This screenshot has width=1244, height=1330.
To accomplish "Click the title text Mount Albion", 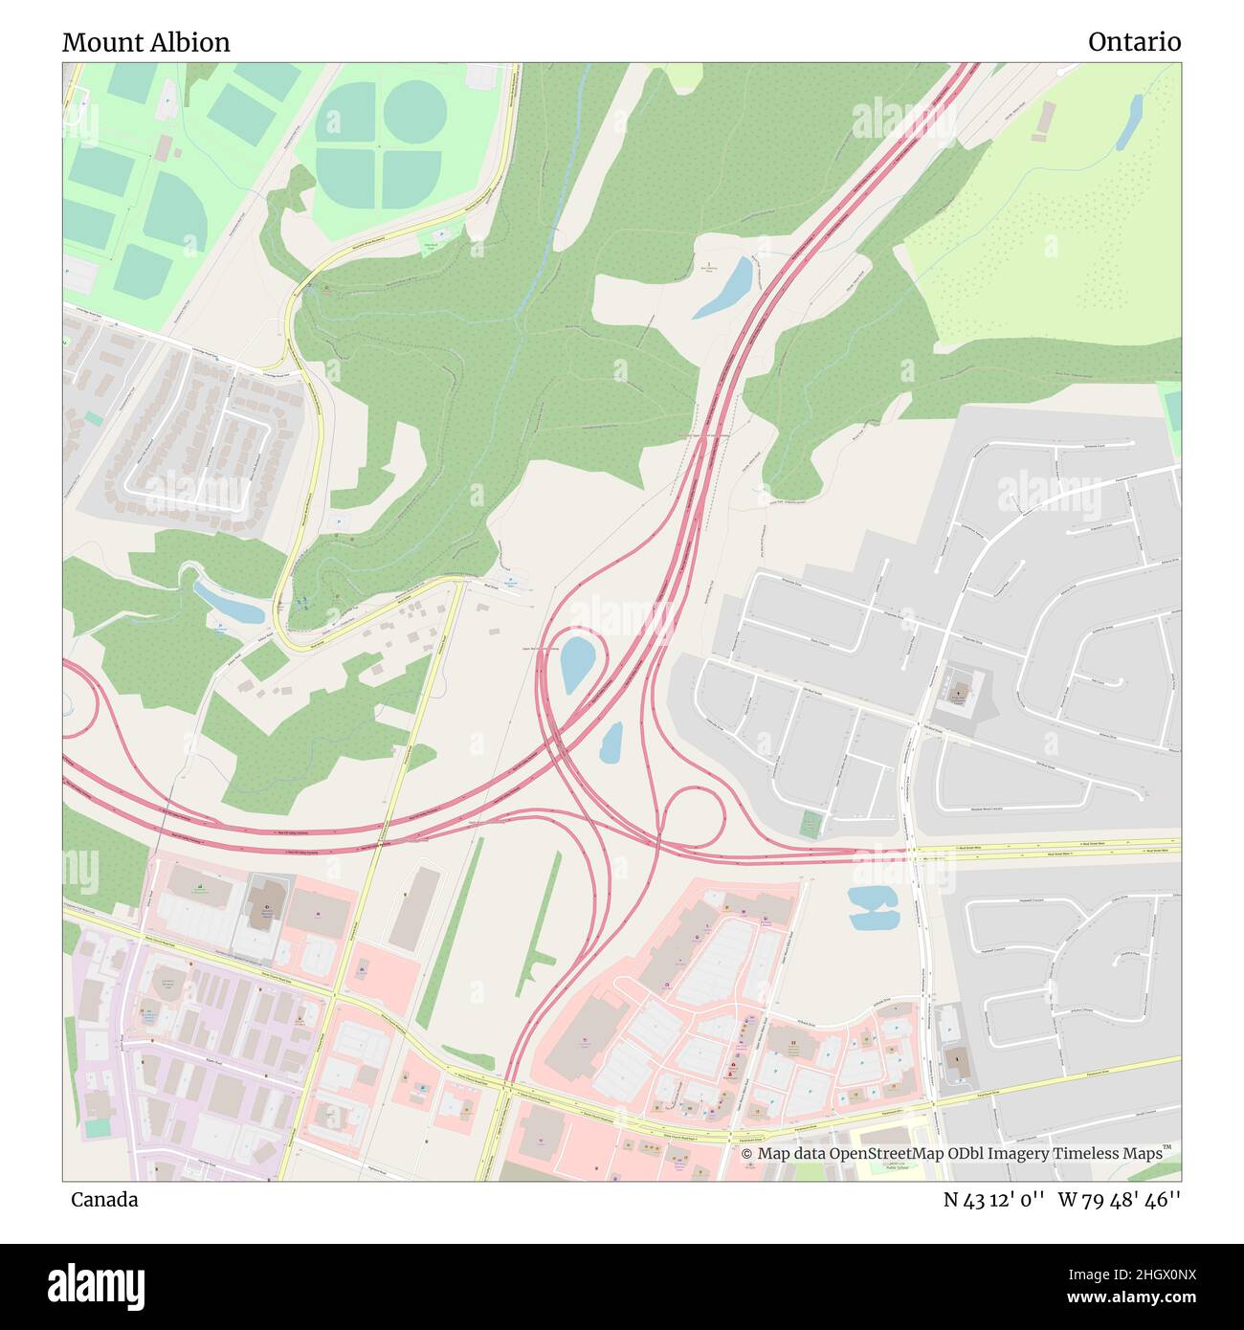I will [x=145, y=42].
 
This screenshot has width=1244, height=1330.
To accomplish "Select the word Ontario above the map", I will [x=1134, y=42].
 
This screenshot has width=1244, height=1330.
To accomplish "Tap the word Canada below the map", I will [x=103, y=1200].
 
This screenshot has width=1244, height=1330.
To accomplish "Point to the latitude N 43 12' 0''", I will [x=993, y=1200].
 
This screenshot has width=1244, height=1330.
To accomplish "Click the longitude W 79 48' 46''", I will [x=1120, y=1200].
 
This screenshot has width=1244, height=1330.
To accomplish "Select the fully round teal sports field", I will [x=415, y=111].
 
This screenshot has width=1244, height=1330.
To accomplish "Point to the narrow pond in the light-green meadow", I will [x=1129, y=122].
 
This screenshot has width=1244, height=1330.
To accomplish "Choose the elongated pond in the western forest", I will [x=228, y=601].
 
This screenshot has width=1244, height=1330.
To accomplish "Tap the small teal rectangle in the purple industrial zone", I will [x=98, y=1127].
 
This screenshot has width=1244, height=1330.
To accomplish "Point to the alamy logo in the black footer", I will [x=96, y=1284].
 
